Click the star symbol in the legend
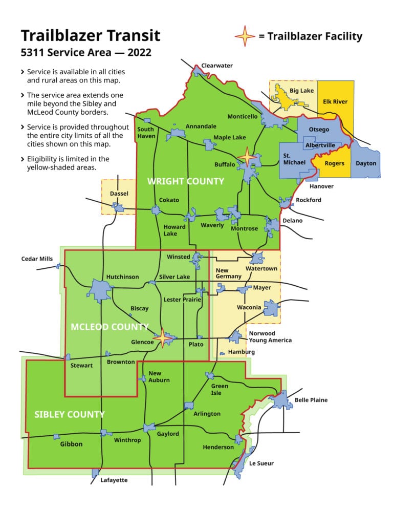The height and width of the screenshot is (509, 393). click(245, 36)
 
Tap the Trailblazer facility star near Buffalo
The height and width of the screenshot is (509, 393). click(247, 157)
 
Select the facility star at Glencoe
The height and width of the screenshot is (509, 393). click(163, 337)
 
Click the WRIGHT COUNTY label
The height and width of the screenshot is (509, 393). click(186, 181)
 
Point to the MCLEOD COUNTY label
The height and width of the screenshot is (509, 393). click(110, 327)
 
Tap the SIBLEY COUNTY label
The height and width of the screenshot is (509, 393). click(70, 414)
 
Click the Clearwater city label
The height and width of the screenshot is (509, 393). click(217, 66)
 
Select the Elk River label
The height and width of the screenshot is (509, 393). click(335, 101)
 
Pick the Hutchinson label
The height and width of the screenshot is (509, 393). click(122, 277)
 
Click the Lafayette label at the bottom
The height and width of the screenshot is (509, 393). click(114, 480)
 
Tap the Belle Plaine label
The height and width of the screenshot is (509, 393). click(311, 400)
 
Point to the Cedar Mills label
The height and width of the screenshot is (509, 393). click(37, 259)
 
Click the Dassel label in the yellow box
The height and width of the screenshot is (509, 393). click(119, 194)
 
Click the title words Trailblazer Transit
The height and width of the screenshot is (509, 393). click(91, 35)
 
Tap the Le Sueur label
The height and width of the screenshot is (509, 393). click(261, 463)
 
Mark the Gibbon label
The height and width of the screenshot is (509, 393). click(71, 444)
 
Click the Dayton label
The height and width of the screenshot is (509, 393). click(366, 163)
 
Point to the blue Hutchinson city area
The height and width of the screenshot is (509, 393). click(99, 291)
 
